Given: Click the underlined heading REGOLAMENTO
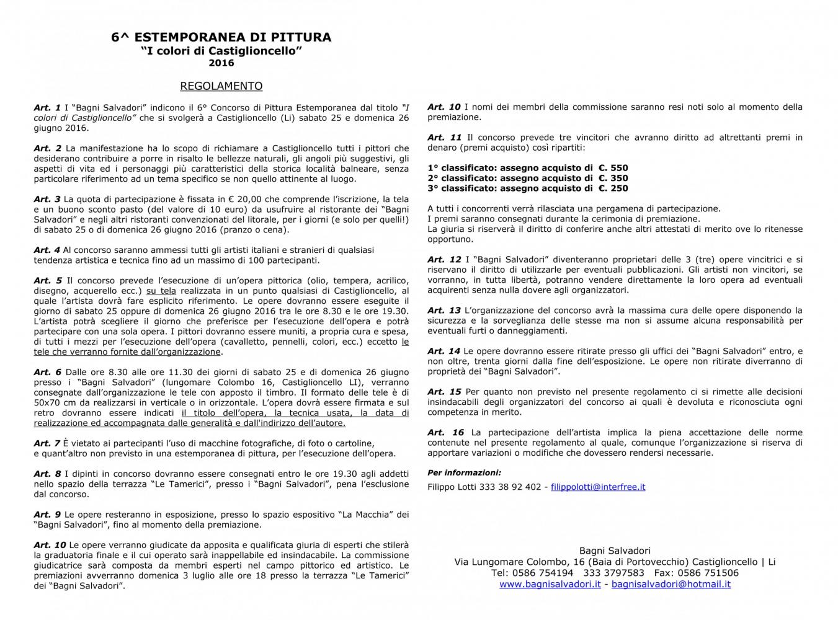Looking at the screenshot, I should coord(221,86).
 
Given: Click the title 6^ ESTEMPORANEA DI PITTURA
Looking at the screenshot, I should coord(221,37).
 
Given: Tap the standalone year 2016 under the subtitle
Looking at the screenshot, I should coord(221,63).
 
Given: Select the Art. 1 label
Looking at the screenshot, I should coord(47,108).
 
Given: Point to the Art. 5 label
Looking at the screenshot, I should coord(48,281).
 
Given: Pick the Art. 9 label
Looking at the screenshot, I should coord(47,515).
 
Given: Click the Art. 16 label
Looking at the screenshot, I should coord(445,433).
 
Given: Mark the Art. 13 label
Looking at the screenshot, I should coord(444,311).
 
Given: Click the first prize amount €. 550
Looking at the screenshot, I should coord(613,168).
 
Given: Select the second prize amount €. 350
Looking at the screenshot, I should coord(613,178).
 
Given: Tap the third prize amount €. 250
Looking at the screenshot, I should coord(613,188).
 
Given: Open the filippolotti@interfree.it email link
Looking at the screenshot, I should coord(598,487).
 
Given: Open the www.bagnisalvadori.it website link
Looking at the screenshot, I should coord(550,584).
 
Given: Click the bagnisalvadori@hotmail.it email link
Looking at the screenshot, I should coord(671,584).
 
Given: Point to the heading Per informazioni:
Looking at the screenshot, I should coord(464,473).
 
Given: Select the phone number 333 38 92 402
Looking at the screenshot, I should coord(510,487).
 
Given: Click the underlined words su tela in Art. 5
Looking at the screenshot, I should coord(161,291).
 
